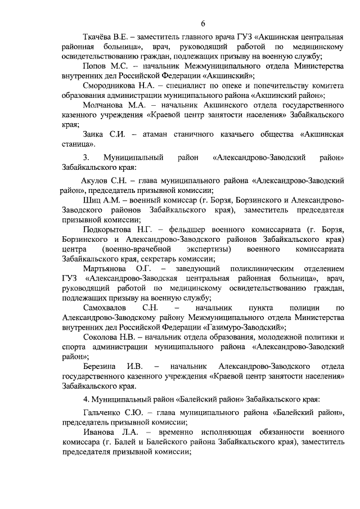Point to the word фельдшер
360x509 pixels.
click(x=190, y=230)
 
